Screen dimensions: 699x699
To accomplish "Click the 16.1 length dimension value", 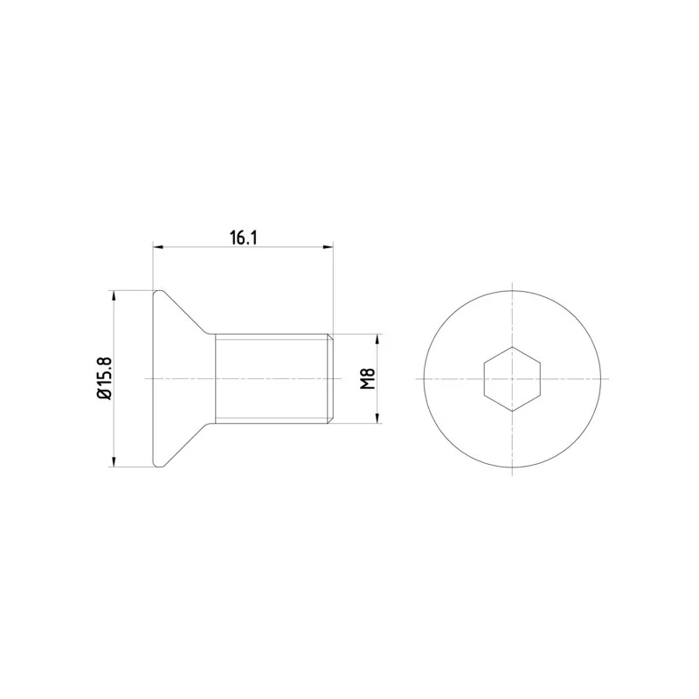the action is coord(244,238).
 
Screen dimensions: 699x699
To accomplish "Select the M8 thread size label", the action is coord(367,379).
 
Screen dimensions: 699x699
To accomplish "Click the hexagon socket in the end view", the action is coord(512,378).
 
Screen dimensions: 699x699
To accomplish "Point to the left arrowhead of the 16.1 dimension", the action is coord(158,246).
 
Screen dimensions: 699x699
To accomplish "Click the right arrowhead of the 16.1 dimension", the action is coord(329,246).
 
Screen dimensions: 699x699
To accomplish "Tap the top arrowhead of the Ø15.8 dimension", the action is coord(114,296).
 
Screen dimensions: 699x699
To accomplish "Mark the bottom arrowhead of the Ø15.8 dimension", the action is coord(114,461).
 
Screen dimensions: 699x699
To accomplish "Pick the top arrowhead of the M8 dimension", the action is coord(377,339).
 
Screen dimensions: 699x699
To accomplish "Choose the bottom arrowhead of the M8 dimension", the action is coord(377,418).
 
